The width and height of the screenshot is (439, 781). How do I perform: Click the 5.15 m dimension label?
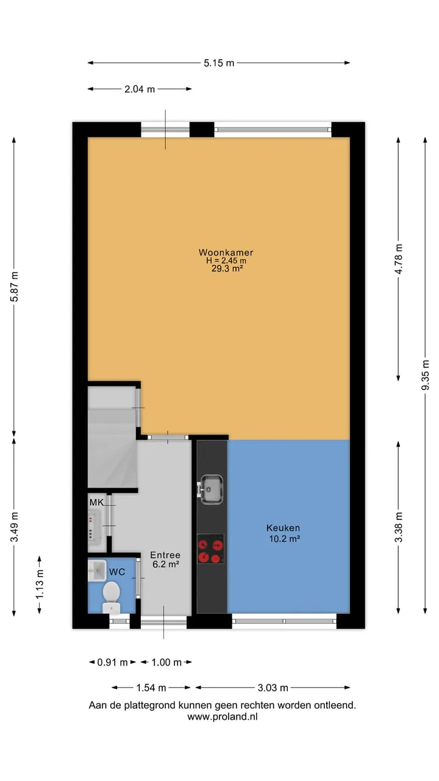[219, 63]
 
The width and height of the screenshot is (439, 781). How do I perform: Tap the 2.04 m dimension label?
[140, 89]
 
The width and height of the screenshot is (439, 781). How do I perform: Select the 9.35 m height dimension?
[426, 375]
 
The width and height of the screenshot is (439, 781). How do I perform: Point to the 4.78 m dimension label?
[399, 259]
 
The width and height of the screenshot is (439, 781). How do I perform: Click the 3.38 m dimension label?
[399, 527]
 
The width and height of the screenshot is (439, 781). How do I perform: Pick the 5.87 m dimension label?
[14, 286]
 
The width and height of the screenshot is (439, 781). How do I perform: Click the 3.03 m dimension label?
[273, 688]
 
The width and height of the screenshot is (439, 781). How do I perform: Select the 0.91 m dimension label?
[112, 663]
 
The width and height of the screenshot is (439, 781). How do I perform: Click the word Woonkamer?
[226, 253]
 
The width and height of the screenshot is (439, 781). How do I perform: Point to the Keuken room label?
[283, 528]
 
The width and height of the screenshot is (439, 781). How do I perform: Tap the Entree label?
[165, 555]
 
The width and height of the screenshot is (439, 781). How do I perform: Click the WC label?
[117, 572]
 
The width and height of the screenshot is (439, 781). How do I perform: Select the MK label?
[96, 502]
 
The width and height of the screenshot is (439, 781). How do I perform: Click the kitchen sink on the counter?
[210, 489]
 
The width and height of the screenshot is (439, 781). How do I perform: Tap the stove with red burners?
[210, 549]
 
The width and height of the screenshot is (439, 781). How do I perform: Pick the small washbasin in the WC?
[96, 570]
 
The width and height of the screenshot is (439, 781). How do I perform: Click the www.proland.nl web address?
[223, 717]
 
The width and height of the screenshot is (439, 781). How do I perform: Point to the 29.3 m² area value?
[227, 268]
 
